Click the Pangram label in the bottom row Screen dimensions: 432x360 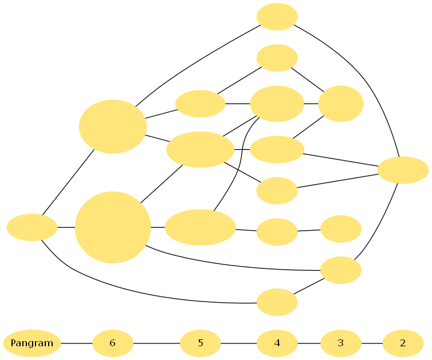coord(32,343)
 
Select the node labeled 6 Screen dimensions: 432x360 coord(113,343)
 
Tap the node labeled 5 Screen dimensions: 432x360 coord(201,343)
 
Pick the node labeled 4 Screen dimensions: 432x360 coord(277,343)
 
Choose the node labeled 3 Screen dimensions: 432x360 coord(341,343)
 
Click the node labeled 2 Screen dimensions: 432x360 coord(403,343)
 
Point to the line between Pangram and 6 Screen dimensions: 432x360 coord(77,343)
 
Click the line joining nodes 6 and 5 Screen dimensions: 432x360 coord(156,343)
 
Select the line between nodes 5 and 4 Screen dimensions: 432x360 coord(238,343)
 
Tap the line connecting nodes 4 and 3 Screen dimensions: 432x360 coord(309,343)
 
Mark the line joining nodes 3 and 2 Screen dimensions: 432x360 coord(372,343)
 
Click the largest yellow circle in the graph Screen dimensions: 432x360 coord(113,227)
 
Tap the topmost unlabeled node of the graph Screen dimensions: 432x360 coord(277,17)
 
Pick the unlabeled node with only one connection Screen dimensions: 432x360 coord(341,229)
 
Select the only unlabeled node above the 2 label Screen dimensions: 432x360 coord(403,170)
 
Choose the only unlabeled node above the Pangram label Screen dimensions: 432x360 coord(32,227)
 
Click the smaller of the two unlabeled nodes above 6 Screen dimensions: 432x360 coord(113,126)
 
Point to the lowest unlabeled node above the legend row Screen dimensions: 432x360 coord(277,302)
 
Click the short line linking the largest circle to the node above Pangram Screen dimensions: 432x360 coord(66,227)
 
